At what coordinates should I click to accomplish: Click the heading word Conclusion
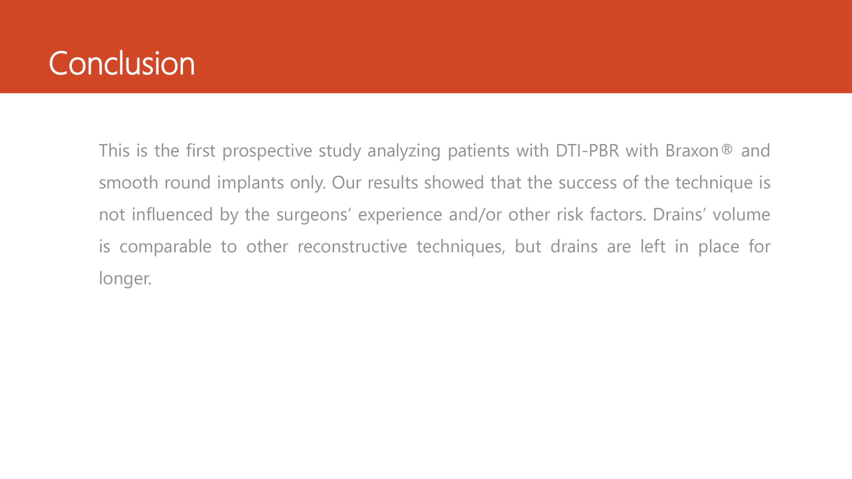tap(122, 63)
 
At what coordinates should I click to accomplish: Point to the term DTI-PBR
tap(587, 151)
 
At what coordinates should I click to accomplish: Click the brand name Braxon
tap(692, 151)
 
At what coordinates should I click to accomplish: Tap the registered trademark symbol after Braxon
tap(727, 149)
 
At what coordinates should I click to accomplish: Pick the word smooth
tap(128, 183)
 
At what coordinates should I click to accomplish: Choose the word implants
tap(250, 183)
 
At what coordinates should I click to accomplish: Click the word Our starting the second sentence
tap(346, 183)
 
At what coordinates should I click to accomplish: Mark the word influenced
tap(172, 215)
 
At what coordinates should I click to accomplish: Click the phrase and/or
tap(475, 215)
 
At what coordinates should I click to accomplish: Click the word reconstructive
tap(352, 246)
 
